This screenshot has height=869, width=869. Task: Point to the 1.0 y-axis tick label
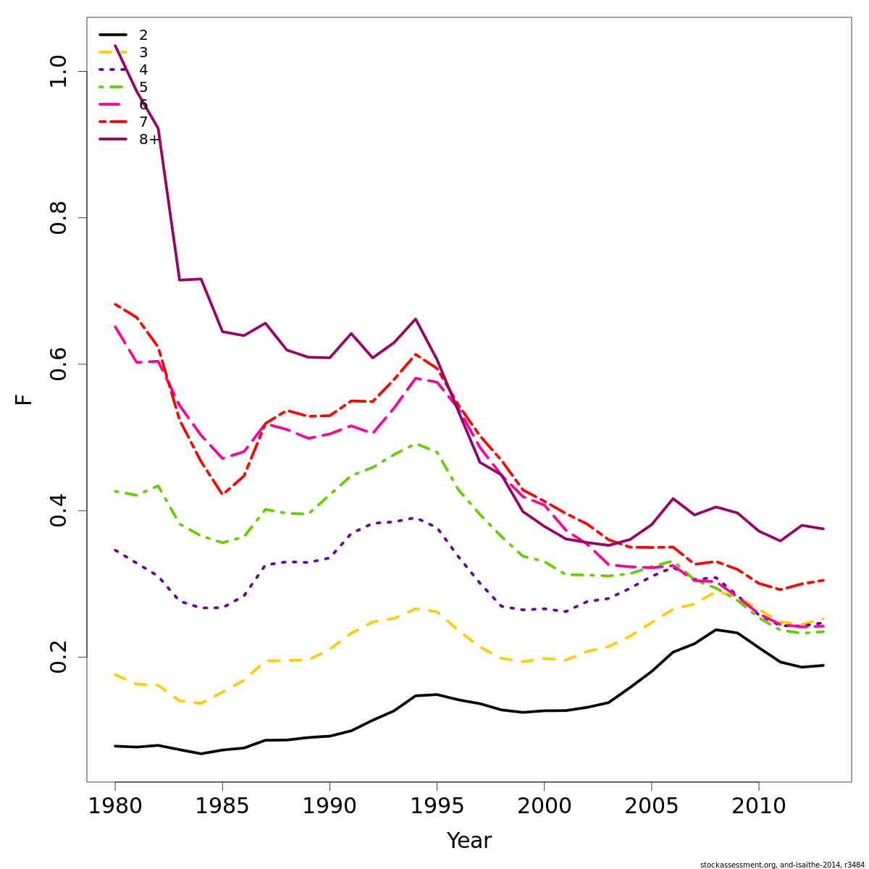58,71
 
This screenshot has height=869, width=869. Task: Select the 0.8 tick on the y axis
58,218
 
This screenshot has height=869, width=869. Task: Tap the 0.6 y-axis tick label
58,364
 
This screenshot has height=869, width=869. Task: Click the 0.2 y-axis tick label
58,657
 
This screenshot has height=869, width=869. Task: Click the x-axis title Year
469,841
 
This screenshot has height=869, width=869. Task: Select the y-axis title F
25,399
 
